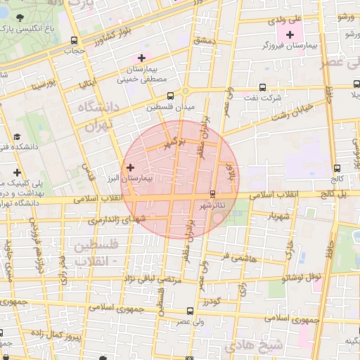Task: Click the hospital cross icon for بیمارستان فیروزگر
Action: point(290,34)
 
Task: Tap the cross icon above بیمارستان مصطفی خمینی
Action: point(142,58)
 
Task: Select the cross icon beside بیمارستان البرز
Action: point(130,167)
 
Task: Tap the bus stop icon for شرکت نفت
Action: point(262,88)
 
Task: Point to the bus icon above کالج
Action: point(338,168)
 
